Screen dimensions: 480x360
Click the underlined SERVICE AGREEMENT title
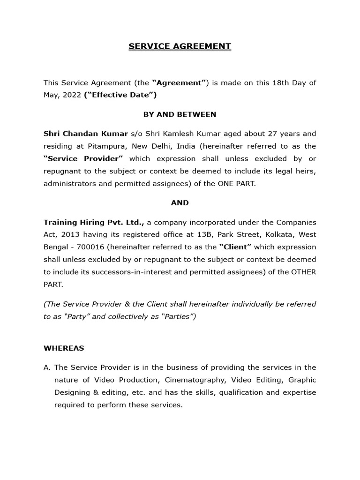(x=180, y=46)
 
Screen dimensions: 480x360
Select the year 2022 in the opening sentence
(x=70, y=95)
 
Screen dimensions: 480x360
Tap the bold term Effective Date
(x=120, y=95)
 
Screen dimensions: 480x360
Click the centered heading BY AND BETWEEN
(x=180, y=114)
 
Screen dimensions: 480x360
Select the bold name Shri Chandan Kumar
(x=86, y=134)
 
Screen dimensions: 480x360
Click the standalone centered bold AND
(x=180, y=202)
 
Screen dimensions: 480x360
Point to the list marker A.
(x=47, y=367)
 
